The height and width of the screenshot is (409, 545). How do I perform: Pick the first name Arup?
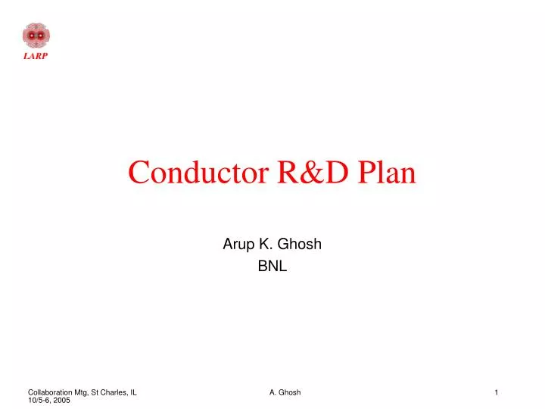pos(237,245)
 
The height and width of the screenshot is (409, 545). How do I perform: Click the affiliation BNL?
pos(272,266)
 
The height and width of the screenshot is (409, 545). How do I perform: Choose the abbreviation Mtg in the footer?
pos(81,392)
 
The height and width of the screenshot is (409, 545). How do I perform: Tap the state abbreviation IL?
pos(133,392)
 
